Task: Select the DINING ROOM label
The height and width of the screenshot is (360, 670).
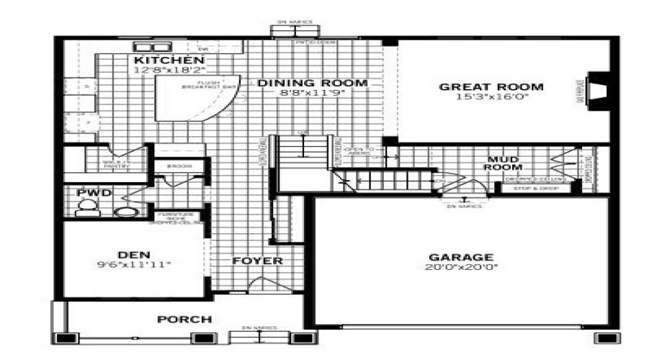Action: pos(312,83)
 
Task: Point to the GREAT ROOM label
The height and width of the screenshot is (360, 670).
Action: pos(492,87)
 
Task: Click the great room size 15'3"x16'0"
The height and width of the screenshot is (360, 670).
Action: pos(492,98)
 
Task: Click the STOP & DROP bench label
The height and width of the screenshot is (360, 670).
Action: pos(531,189)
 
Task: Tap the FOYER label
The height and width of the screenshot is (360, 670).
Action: pos(257,260)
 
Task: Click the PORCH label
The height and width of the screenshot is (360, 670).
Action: pos(184,319)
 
